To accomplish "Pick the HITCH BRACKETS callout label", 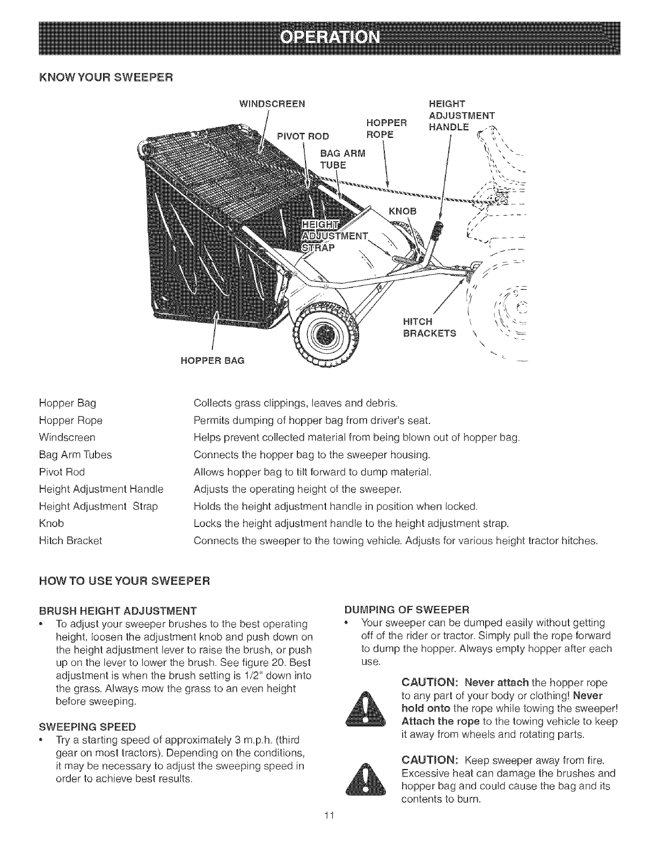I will coord(429,327).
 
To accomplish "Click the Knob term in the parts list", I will coord(52,523).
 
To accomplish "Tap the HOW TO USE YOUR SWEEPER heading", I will coord(124,581).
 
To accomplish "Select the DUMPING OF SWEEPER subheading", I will coord(407,611).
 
